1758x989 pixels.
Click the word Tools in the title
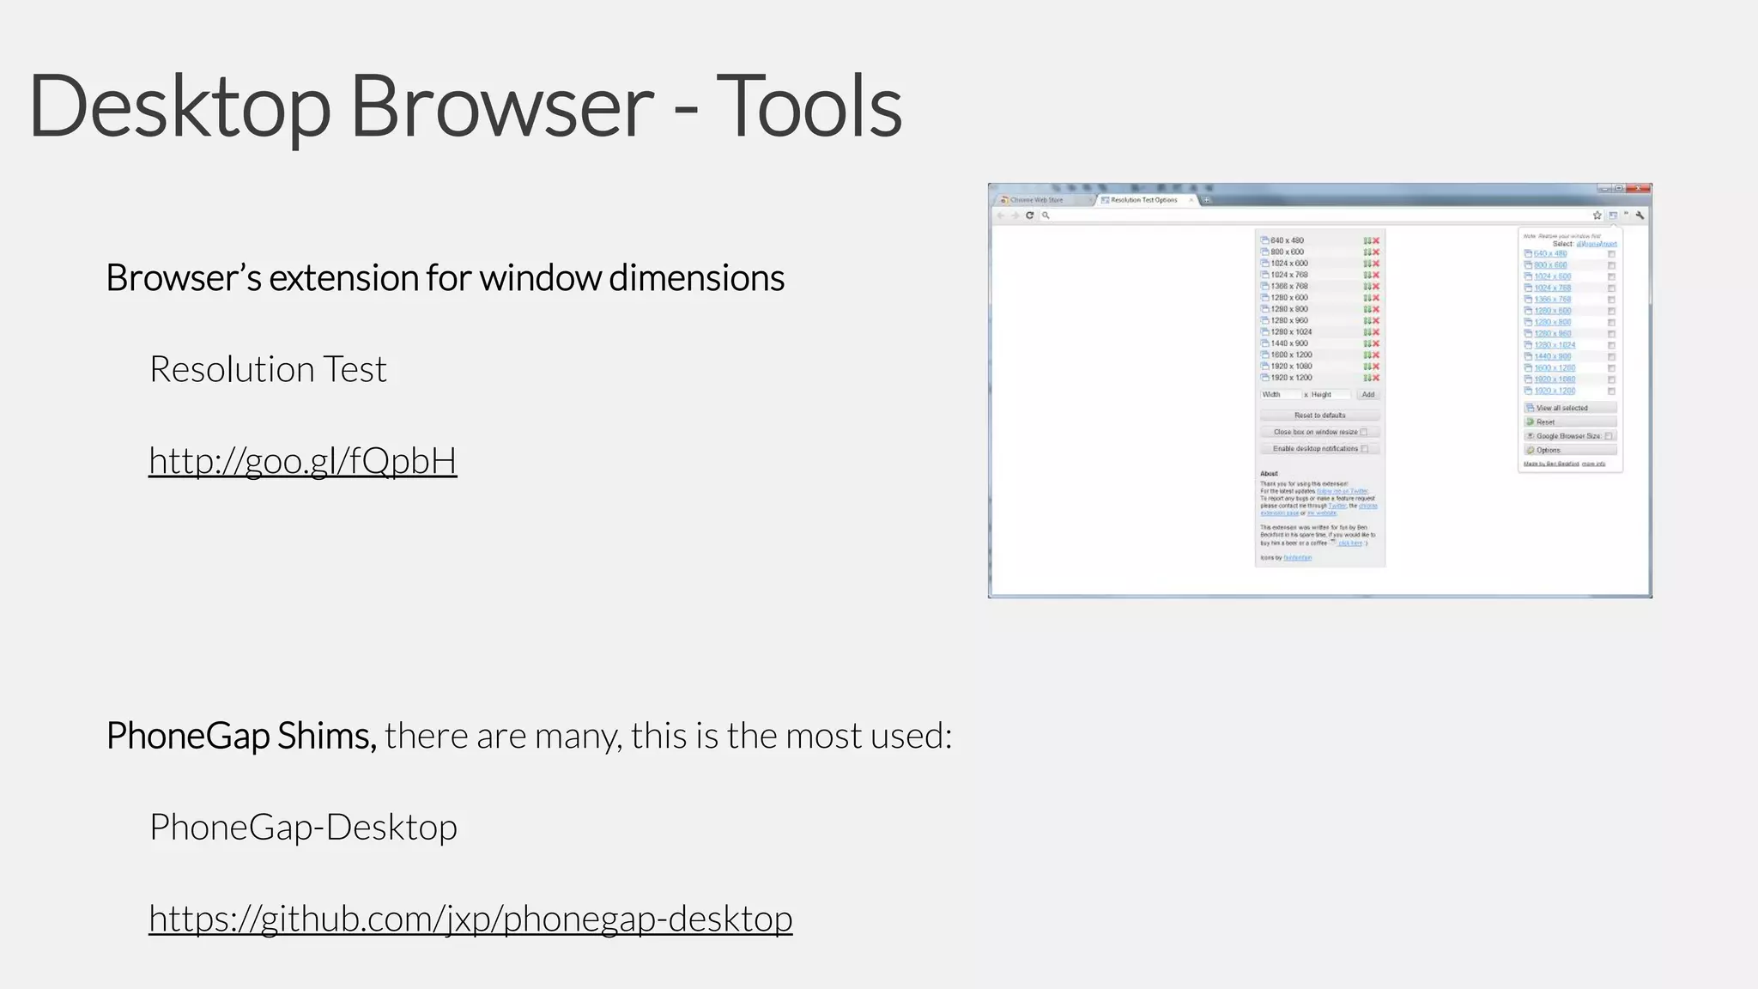809,106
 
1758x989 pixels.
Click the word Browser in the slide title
501,106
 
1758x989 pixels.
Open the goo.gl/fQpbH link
302,461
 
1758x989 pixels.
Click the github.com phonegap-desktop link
470,919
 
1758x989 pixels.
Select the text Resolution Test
268,369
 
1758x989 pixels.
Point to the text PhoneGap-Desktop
303,827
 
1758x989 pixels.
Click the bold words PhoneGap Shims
241,736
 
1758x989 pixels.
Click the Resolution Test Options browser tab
1143,200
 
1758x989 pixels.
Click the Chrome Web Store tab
1036,200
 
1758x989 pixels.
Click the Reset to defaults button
1319,416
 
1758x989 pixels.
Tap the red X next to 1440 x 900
1376,343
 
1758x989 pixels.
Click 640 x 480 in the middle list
1287,240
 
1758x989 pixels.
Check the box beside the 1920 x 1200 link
1611,391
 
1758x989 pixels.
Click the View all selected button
1569,408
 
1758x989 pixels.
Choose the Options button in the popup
1569,450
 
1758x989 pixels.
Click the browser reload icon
1029,215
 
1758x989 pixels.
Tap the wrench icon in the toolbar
1640,215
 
